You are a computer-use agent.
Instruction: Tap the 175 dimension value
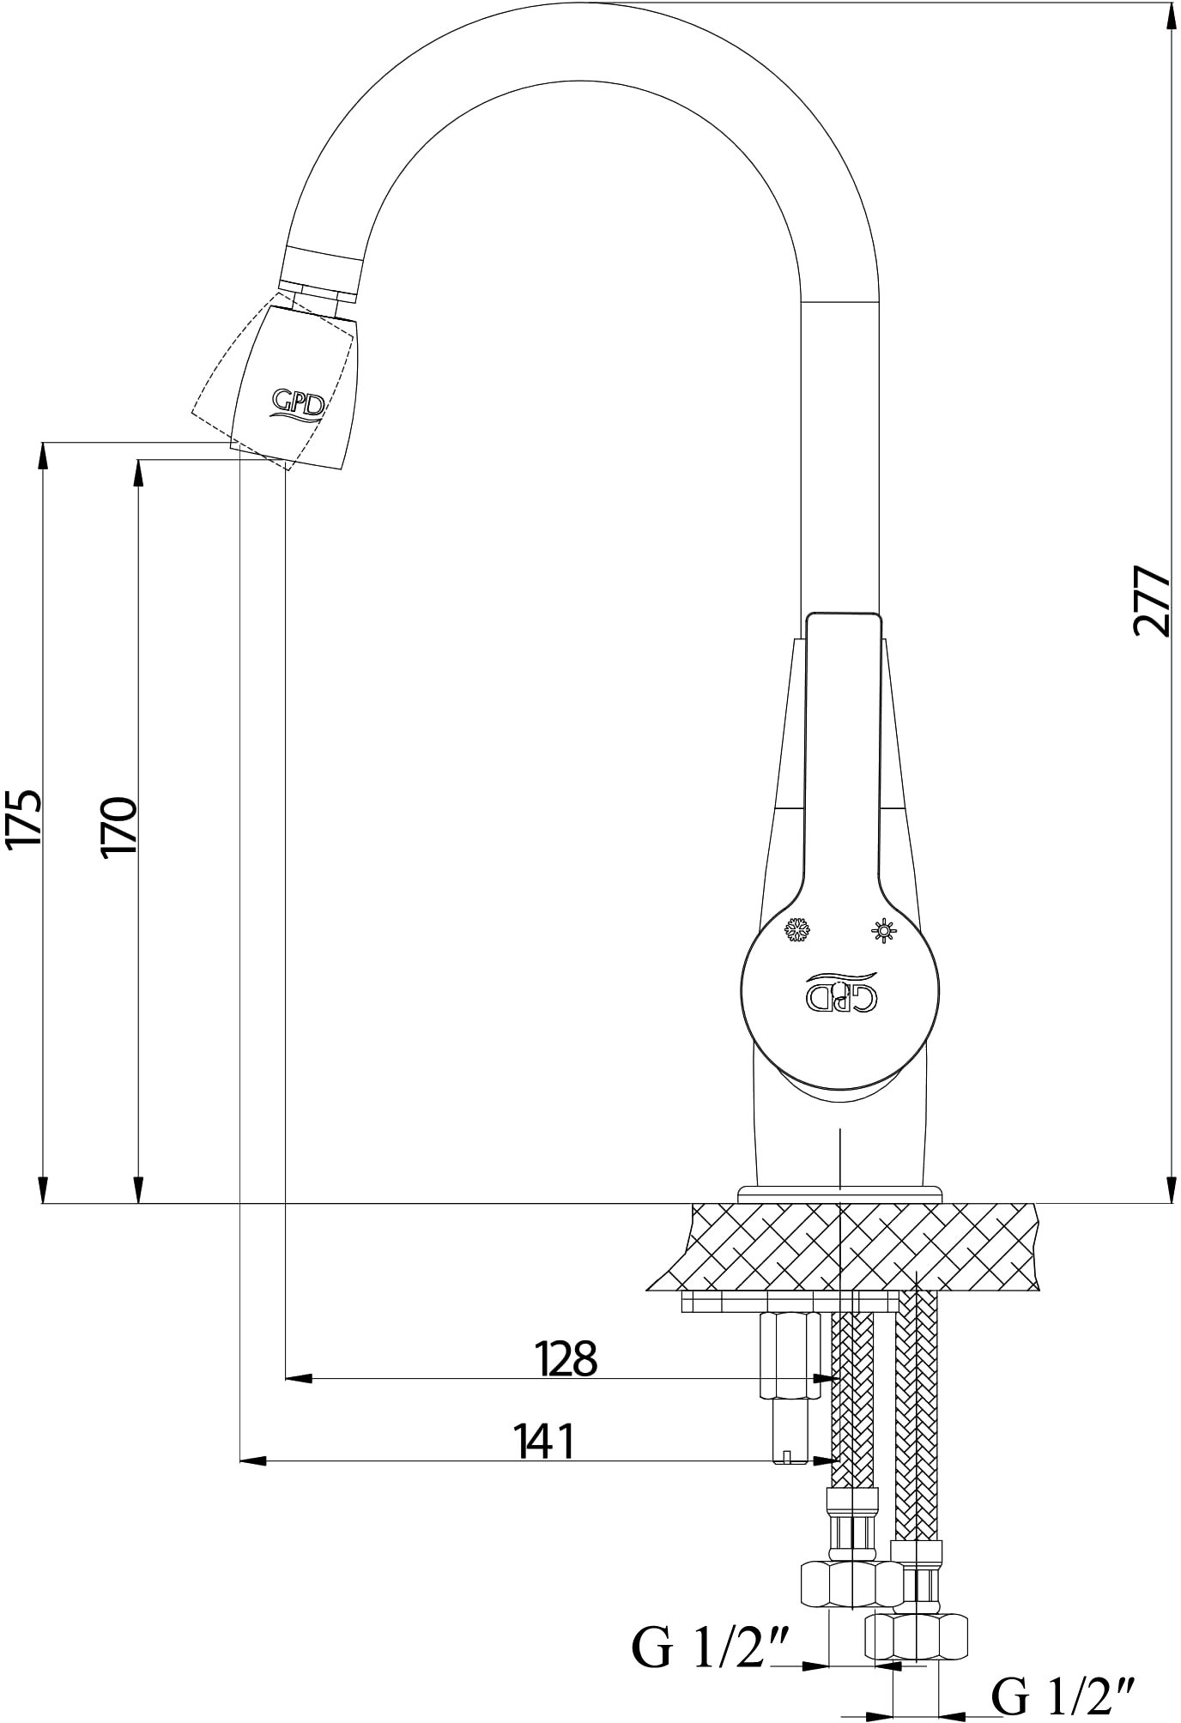[x=23, y=820]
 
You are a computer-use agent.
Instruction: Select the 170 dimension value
[x=118, y=826]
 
